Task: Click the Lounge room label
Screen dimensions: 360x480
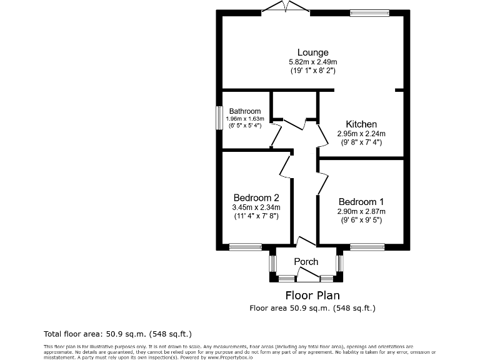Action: [312, 52]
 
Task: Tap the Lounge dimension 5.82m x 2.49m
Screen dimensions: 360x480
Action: [312, 62]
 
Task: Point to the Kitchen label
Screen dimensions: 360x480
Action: [361, 124]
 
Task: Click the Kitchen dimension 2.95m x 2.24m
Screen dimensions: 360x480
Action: [361, 134]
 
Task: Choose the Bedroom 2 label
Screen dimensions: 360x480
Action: [256, 198]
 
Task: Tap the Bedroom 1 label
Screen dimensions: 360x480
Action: [361, 202]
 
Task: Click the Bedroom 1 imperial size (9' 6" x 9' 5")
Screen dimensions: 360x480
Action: [361, 220]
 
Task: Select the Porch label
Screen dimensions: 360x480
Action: [306, 261]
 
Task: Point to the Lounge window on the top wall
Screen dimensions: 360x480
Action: [369, 12]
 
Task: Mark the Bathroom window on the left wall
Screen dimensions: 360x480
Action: [219, 117]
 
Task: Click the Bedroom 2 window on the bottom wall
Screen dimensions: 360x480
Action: [245, 247]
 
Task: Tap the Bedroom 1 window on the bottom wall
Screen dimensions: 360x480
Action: [367, 247]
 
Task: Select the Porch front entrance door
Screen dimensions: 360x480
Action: [307, 275]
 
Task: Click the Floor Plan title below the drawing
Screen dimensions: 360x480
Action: [312, 295]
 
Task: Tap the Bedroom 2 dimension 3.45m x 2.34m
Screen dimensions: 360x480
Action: [256, 207]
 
